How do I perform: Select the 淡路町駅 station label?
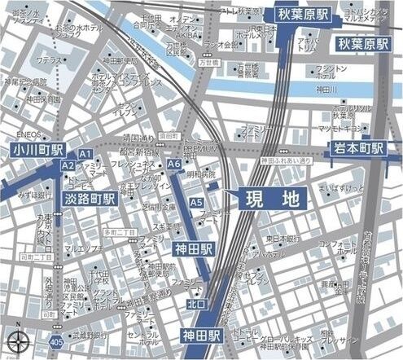click(x=89, y=197)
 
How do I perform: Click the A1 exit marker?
click(x=85, y=153)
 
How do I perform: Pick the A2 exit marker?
click(x=68, y=165)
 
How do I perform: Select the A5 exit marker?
click(x=195, y=202)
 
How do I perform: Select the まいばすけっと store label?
click(x=341, y=189)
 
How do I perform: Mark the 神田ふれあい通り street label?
click(x=287, y=161)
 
